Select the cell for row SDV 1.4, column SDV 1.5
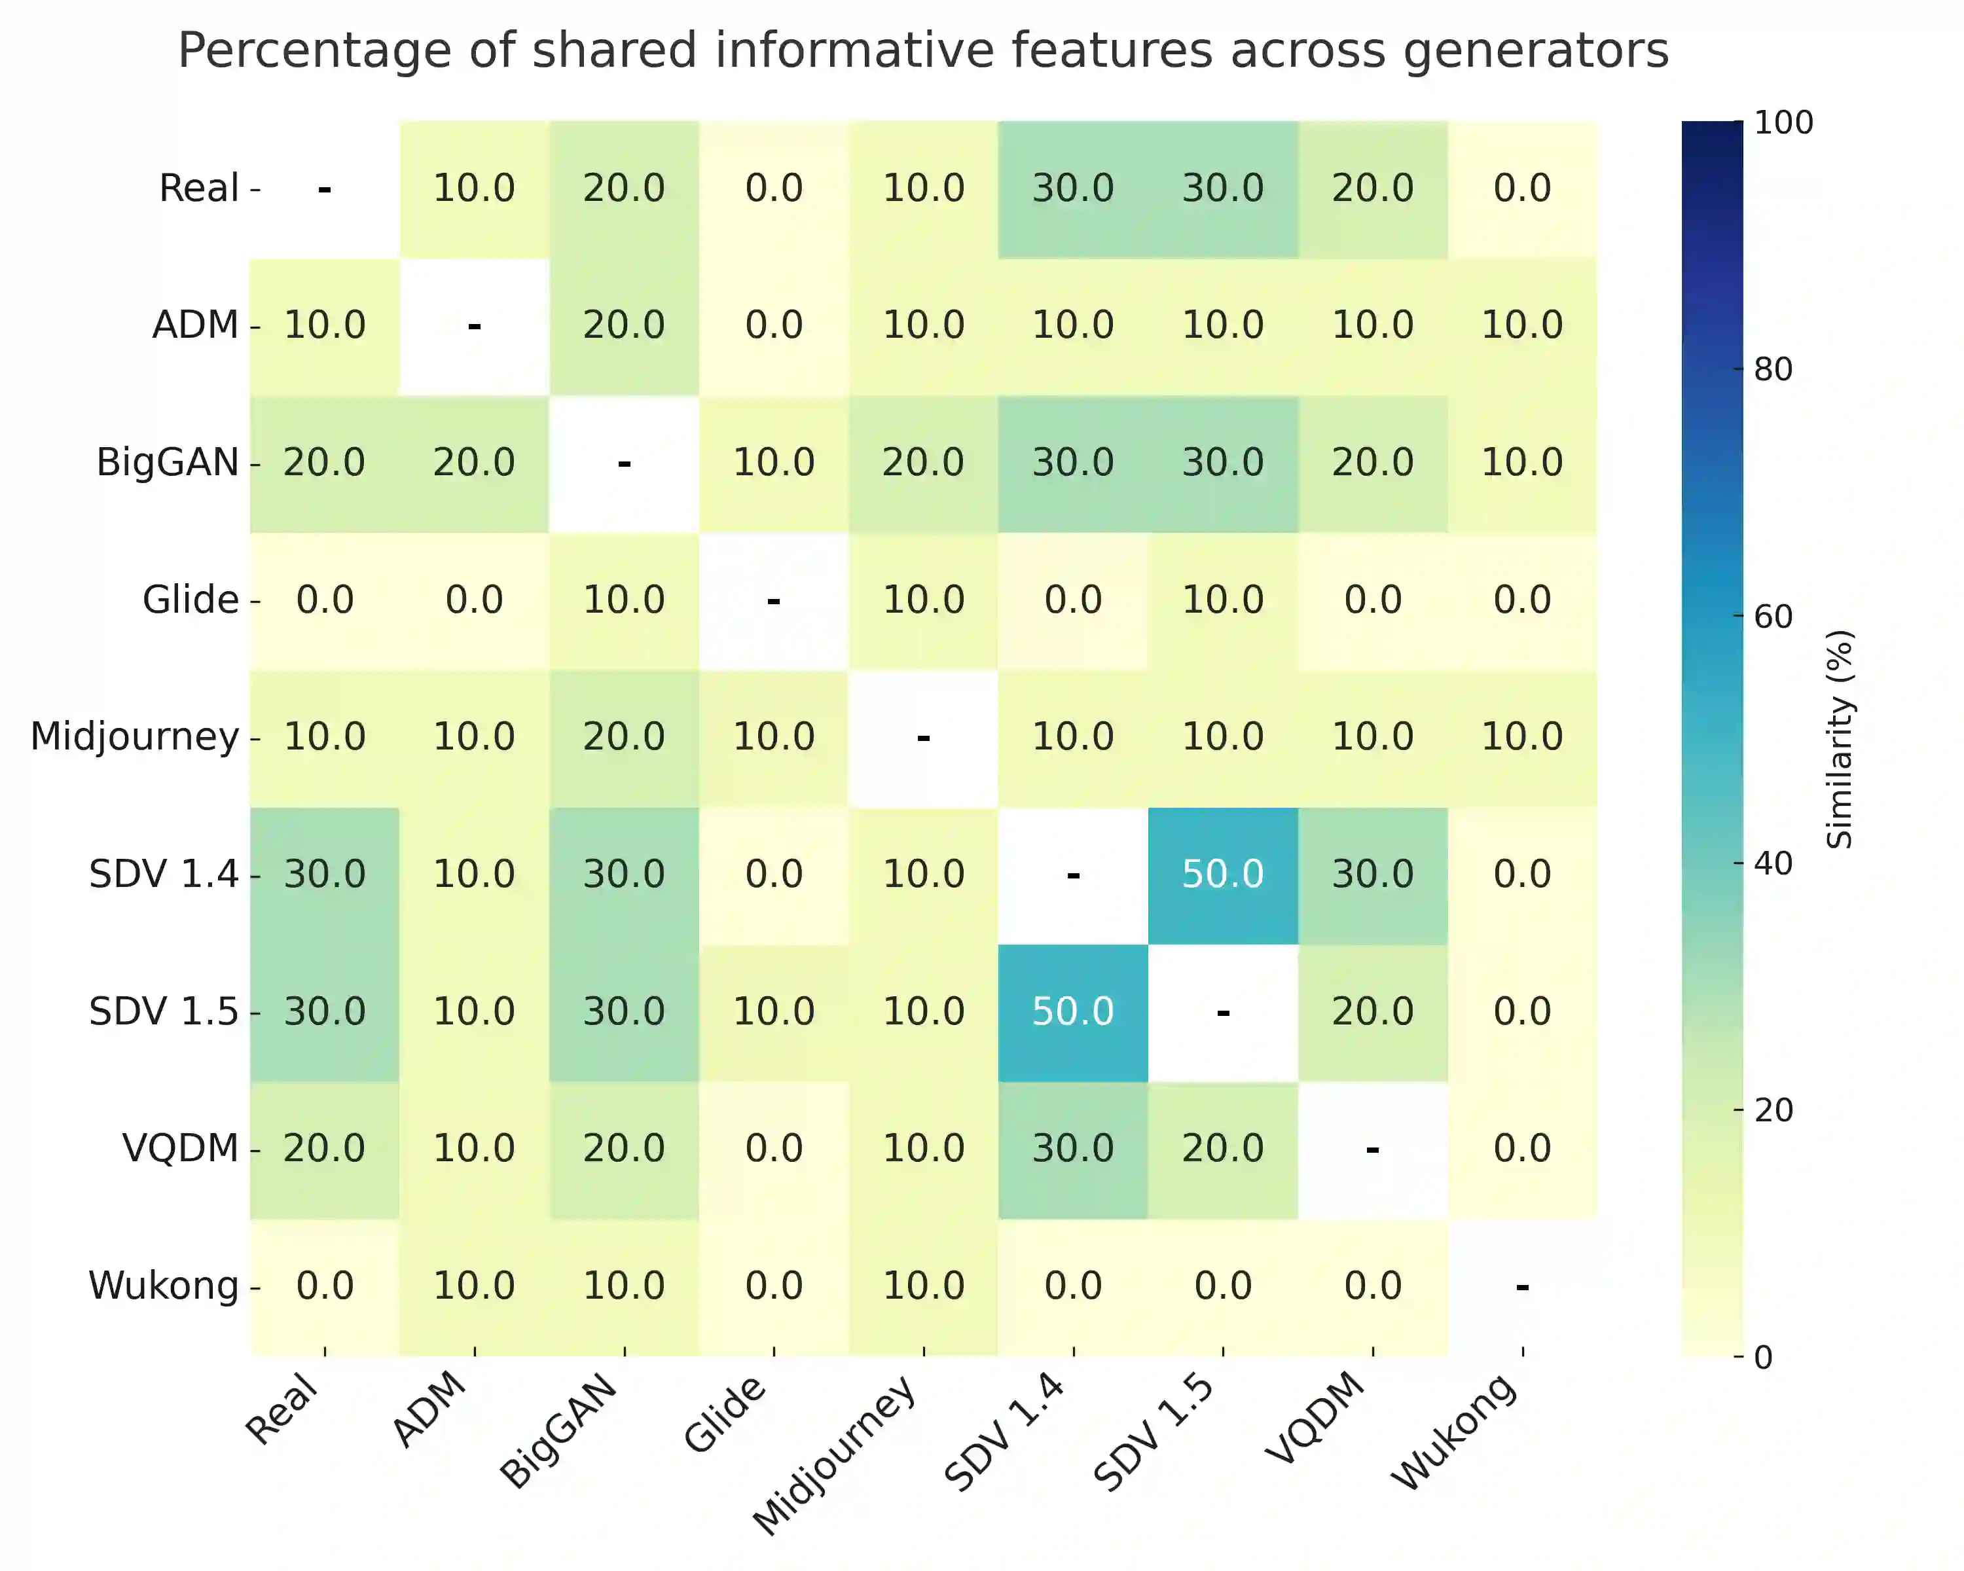[1222, 875]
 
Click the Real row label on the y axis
[198, 189]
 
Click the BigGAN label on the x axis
[559, 1432]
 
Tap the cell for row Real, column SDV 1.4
[1073, 189]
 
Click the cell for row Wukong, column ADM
[474, 1286]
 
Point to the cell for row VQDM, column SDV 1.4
[1073, 1148]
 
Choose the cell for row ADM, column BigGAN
[624, 325]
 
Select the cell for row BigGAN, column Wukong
[1522, 463]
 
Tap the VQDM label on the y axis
[181, 1148]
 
